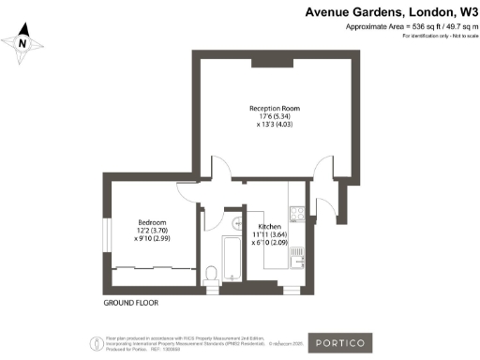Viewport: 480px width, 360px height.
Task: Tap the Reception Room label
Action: tap(275, 109)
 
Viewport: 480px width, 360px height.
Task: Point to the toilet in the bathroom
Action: tap(212, 273)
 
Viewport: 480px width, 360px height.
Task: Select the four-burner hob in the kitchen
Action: tap(295, 217)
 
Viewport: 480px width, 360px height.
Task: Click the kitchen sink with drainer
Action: tap(295, 254)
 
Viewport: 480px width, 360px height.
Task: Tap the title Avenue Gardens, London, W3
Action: tap(392, 13)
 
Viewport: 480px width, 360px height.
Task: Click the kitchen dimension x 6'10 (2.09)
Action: tap(270, 245)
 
